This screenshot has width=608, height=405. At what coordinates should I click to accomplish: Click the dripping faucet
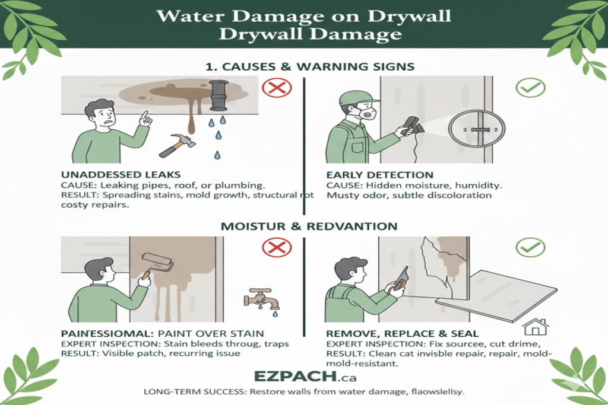(262, 298)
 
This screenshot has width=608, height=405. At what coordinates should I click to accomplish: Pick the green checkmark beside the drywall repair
(530, 246)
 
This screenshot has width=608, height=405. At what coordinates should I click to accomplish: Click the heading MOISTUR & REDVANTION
(303, 227)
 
